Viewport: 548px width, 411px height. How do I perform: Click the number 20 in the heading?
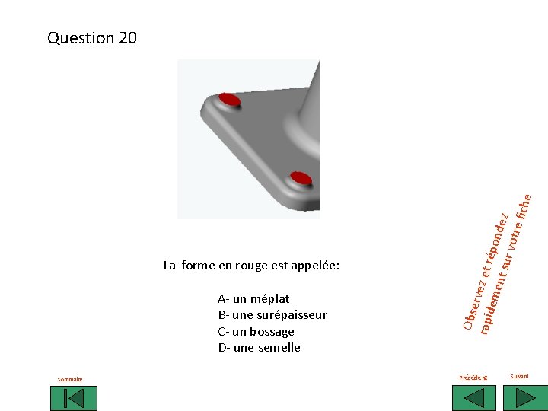[128, 38]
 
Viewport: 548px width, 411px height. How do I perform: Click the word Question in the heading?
[81, 38]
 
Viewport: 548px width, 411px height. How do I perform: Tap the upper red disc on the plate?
[229, 100]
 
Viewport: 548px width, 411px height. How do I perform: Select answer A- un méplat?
[253, 299]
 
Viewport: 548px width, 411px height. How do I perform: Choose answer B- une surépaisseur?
[272, 315]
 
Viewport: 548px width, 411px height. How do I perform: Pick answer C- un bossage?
[256, 332]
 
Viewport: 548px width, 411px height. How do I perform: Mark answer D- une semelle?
[259, 348]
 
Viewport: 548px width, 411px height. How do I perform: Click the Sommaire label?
[71, 379]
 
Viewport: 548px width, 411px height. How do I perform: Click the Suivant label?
[519, 376]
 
